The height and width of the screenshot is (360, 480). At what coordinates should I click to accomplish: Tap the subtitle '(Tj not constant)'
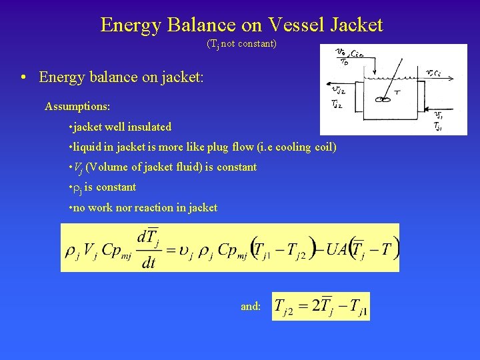(x=241, y=45)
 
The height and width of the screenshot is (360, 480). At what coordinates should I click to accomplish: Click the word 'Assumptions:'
(x=77, y=107)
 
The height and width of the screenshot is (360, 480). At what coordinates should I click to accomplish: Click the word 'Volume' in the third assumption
(x=107, y=167)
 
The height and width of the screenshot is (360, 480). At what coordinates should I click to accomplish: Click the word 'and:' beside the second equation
(x=251, y=307)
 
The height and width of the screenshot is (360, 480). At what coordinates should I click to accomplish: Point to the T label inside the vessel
(x=397, y=93)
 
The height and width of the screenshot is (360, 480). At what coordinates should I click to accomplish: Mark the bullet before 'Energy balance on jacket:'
(x=25, y=78)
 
